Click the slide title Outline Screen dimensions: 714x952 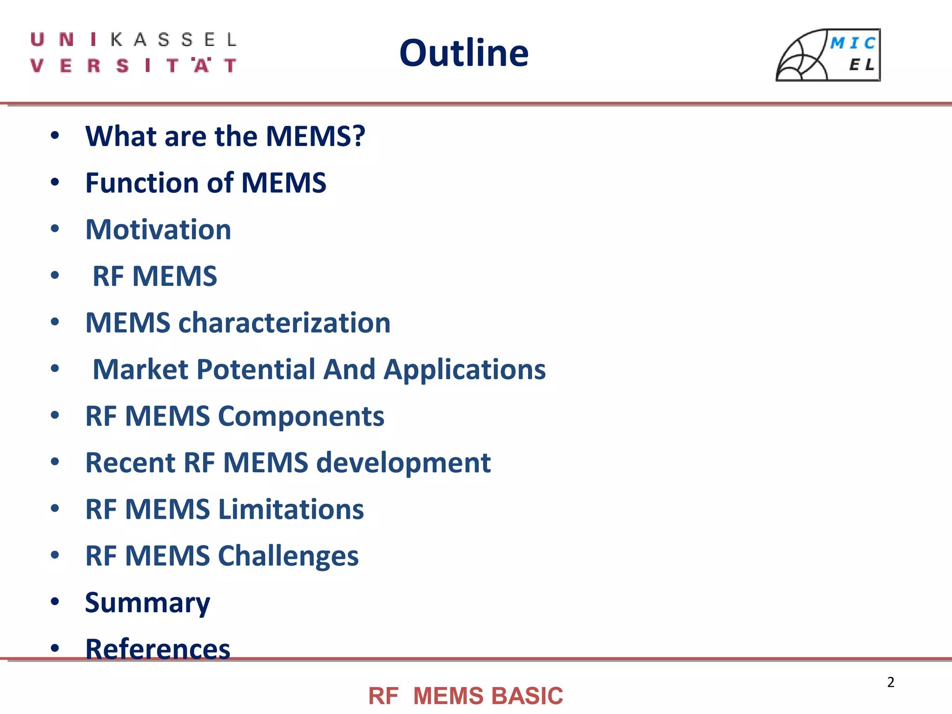(464, 53)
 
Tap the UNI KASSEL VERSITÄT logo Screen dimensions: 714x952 (133, 53)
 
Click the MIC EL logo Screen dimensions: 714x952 (828, 55)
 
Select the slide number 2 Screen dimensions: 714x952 (891, 682)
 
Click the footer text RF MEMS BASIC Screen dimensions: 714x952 (465, 696)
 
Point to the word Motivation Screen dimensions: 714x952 (158, 230)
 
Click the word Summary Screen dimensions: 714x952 (147, 603)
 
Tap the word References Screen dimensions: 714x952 (158, 649)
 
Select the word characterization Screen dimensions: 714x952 (284, 323)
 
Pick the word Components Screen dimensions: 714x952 (301, 416)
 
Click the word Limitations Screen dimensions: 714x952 (291, 509)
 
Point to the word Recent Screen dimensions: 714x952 (131, 463)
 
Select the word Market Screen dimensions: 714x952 (140, 370)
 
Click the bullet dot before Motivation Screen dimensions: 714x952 (55, 229)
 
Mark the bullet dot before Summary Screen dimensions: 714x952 (55, 602)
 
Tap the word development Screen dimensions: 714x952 (403, 463)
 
